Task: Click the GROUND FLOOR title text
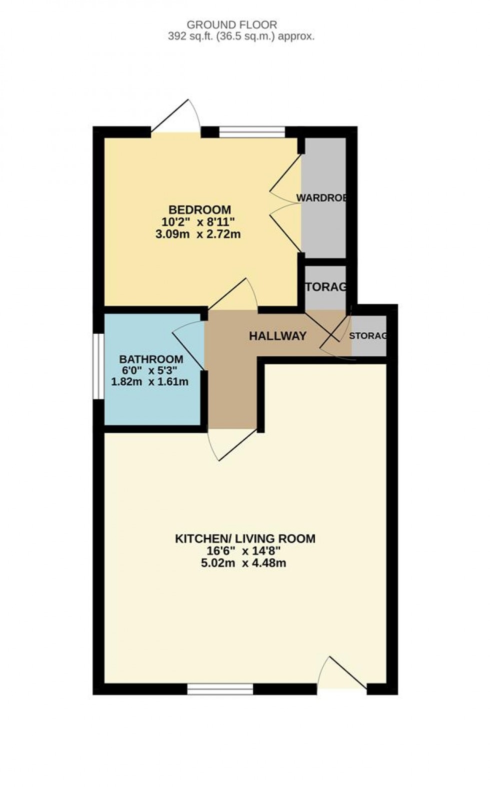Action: (x=231, y=24)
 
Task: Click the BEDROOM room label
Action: (x=199, y=209)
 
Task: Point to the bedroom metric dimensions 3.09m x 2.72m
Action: (x=198, y=234)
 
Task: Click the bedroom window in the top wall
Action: (x=252, y=132)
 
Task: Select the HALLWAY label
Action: (x=277, y=336)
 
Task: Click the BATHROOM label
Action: (x=151, y=359)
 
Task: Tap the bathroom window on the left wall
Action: (x=98, y=366)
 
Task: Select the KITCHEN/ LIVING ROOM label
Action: (x=245, y=539)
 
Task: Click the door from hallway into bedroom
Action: (x=235, y=295)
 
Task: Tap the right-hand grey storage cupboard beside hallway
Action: (x=369, y=336)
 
